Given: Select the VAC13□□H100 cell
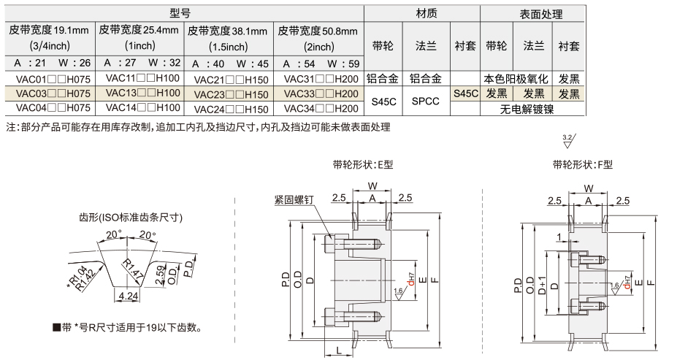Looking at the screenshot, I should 140,93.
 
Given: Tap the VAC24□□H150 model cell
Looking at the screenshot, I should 230,107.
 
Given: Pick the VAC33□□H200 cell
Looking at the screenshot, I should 320,93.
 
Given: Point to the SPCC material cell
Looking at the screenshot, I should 426,101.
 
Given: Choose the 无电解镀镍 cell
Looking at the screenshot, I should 533,109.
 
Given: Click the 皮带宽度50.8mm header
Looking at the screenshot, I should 318,31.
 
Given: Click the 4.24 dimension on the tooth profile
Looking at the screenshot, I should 129,296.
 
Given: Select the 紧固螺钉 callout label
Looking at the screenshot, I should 294,198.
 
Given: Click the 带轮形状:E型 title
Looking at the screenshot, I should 362,164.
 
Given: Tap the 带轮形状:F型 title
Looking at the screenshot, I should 583,164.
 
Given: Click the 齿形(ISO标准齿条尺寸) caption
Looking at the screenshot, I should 131,217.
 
